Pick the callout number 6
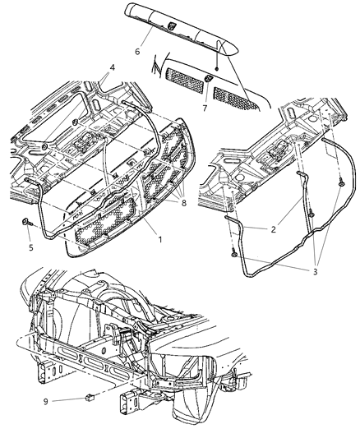(x=137, y=50)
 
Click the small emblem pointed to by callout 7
(x=210, y=78)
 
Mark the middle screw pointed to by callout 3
(x=312, y=215)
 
